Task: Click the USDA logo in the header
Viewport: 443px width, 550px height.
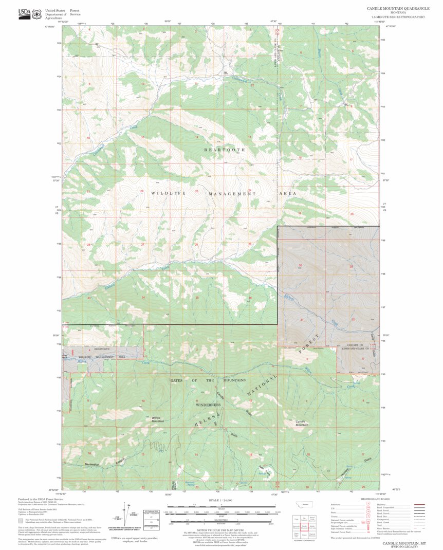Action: [x=24, y=14]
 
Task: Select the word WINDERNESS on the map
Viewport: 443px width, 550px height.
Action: [x=208, y=405]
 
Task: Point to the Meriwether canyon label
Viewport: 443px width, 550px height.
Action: [x=93, y=464]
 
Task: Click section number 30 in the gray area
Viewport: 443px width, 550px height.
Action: [x=300, y=266]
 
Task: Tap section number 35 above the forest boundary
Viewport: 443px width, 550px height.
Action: [x=197, y=298]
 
